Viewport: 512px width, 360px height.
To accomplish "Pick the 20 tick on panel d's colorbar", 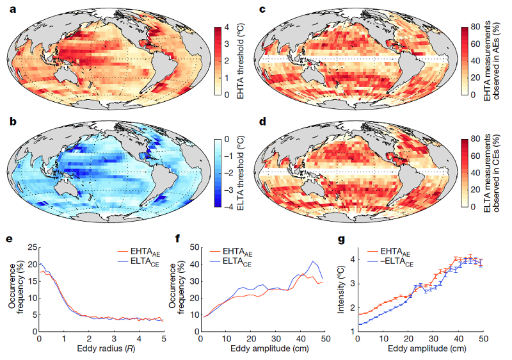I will [475, 190].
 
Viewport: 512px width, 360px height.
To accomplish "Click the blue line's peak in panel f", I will [313, 261].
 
